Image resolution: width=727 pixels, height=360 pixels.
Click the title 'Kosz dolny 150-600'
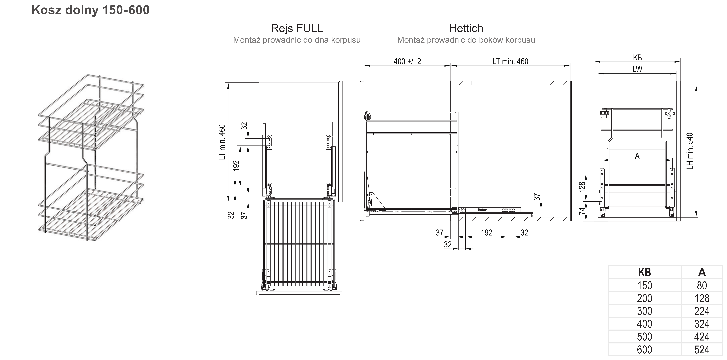pos(91,10)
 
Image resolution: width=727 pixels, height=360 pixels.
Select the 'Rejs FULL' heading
pos(297,28)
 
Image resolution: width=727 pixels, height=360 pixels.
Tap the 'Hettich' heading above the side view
pos(466,28)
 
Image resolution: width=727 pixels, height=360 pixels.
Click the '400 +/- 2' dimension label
pos(407,61)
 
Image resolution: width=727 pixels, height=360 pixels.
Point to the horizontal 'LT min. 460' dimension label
pos(510,61)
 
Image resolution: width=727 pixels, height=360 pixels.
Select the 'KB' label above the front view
pos(637,58)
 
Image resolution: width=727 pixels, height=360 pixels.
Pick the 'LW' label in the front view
pos(637,69)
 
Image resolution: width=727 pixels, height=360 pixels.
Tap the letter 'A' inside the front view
pos(637,156)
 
